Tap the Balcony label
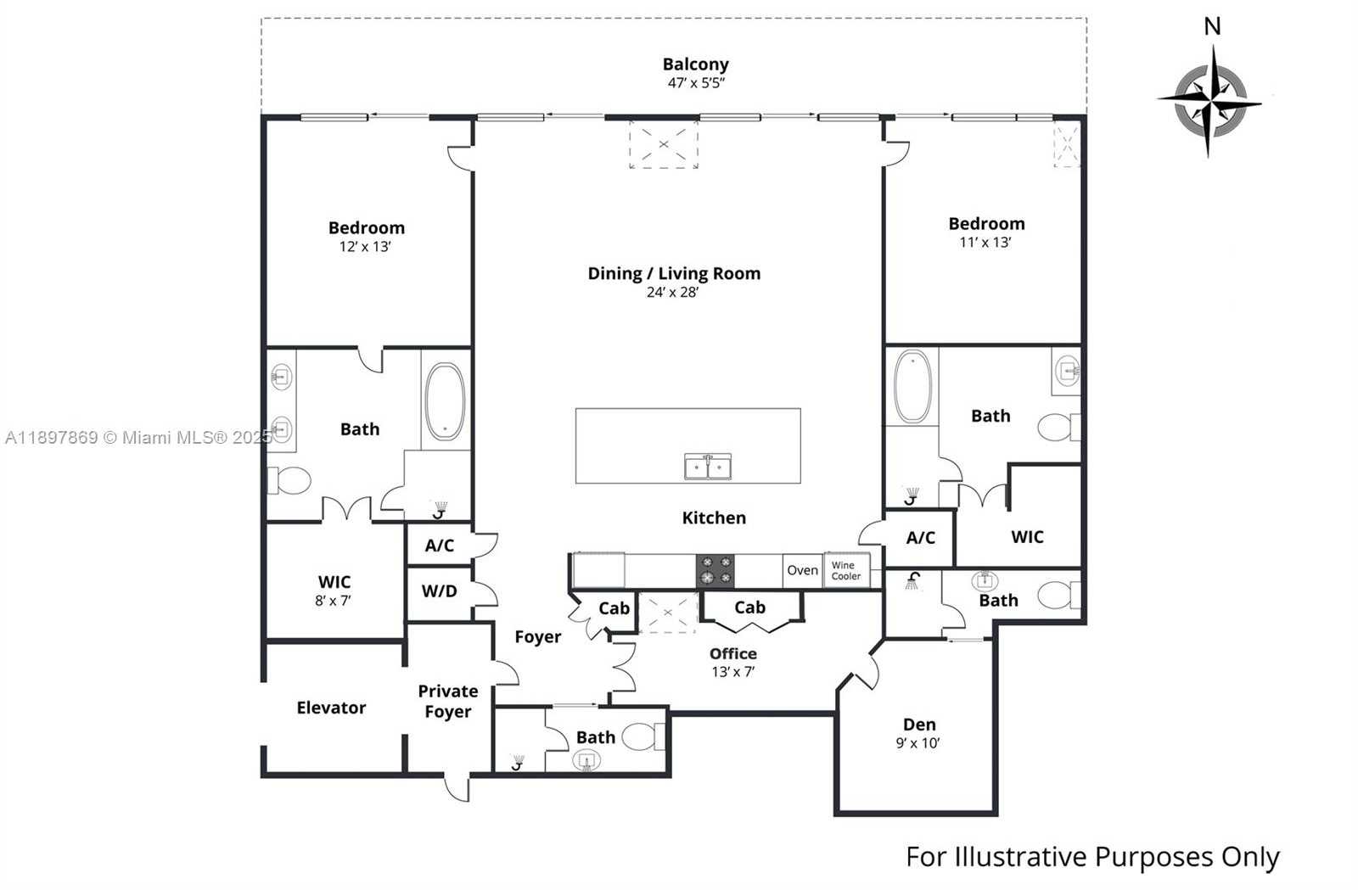pyautogui.click(x=695, y=64)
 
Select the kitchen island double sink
pyautogui.click(x=708, y=466)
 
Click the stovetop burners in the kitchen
pyautogui.click(x=715, y=570)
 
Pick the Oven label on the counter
pyautogui.click(x=802, y=570)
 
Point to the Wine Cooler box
pyautogui.click(x=846, y=570)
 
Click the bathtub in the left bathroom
pyautogui.click(x=445, y=400)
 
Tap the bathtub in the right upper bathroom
pyautogui.click(x=912, y=386)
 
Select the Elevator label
pyautogui.click(x=331, y=708)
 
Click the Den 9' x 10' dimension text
pyautogui.click(x=917, y=743)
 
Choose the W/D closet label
pyautogui.click(x=439, y=591)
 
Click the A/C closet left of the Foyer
pyautogui.click(x=439, y=546)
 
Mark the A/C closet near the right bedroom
pyautogui.click(x=920, y=538)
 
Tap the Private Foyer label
pyautogui.click(x=447, y=702)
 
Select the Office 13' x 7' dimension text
pyautogui.click(x=732, y=671)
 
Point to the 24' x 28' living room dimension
pyautogui.click(x=672, y=293)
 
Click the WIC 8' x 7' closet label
pyautogui.click(x=334, y=591)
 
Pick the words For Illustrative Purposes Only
pyautogui.click(x=1092, y=857)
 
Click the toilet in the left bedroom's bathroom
pyautogui.click(x=289, y=481)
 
